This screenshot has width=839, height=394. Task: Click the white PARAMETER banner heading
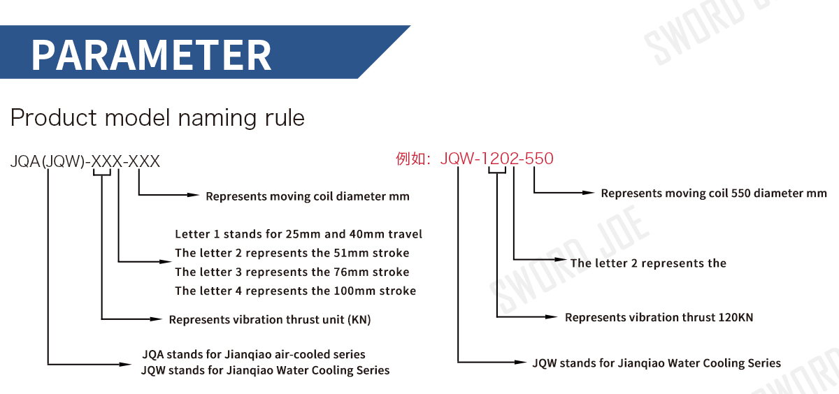151,54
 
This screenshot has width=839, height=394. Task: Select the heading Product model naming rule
157,117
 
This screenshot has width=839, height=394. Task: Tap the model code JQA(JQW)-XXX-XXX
85,162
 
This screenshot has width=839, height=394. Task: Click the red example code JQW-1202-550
496,159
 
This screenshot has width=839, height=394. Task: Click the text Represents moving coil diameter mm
308,196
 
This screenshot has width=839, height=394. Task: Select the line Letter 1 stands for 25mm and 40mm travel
299,234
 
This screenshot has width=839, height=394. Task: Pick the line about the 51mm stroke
292,253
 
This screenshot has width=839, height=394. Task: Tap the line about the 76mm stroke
292,272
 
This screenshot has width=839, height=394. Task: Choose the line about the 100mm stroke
295,291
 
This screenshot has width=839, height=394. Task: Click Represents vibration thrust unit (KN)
270,320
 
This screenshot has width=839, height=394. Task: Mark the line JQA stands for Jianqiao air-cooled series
253,354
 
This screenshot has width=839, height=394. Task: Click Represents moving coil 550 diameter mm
714,193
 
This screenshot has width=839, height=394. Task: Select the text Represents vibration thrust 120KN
659,317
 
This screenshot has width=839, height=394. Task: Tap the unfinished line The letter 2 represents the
648,263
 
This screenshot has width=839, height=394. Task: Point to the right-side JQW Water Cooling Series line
657,363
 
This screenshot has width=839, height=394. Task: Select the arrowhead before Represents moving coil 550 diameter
589,192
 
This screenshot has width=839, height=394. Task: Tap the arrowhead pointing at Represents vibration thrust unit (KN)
157,320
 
